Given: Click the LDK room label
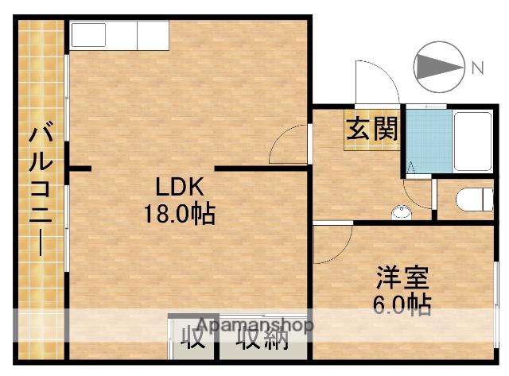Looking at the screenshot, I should tap(180, 188).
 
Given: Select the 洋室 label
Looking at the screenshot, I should tap(402, 278).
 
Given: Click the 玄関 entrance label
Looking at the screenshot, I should tap(371, 128).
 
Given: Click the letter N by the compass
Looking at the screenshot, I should tap(477, 68).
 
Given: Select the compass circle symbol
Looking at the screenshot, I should tap(441, 64).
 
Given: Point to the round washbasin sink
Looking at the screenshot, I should tap(402, 211).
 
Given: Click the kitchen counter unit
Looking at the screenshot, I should tap(119, 36).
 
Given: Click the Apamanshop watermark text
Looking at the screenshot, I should tap(254, 325).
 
